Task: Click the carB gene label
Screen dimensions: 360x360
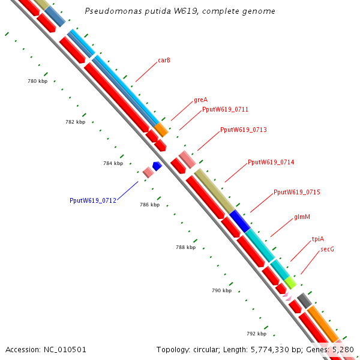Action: tap(164, 60)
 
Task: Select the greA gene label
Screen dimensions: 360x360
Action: tap(200, 100)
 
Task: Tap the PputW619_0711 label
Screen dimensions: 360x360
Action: tap(225, 109)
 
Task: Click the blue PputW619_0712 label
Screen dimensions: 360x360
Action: tap(93, 200)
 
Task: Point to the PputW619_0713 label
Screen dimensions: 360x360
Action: tap(244, 130)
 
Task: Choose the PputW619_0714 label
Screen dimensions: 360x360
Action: tap(271, 162)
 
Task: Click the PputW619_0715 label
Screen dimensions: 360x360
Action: tap(297, 192)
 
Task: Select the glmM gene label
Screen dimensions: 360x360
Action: tap(302, 217)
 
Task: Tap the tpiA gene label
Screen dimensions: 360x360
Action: tap(318, 239)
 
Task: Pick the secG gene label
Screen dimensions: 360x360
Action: tap(327, 249)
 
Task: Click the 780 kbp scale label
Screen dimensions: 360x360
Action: tap(37, 81)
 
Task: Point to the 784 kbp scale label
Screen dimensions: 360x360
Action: tap(113, 163)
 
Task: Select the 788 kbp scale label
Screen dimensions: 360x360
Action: tap(186, 247)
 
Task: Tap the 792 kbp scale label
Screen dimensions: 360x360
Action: tap(256, 334)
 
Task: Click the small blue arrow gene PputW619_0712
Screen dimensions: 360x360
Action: tap(157, 166)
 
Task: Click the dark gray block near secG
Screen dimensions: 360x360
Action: tap(304, 301)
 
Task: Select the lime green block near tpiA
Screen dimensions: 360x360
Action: tap(290, 283)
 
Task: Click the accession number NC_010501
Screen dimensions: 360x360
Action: tap(65, 350)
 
